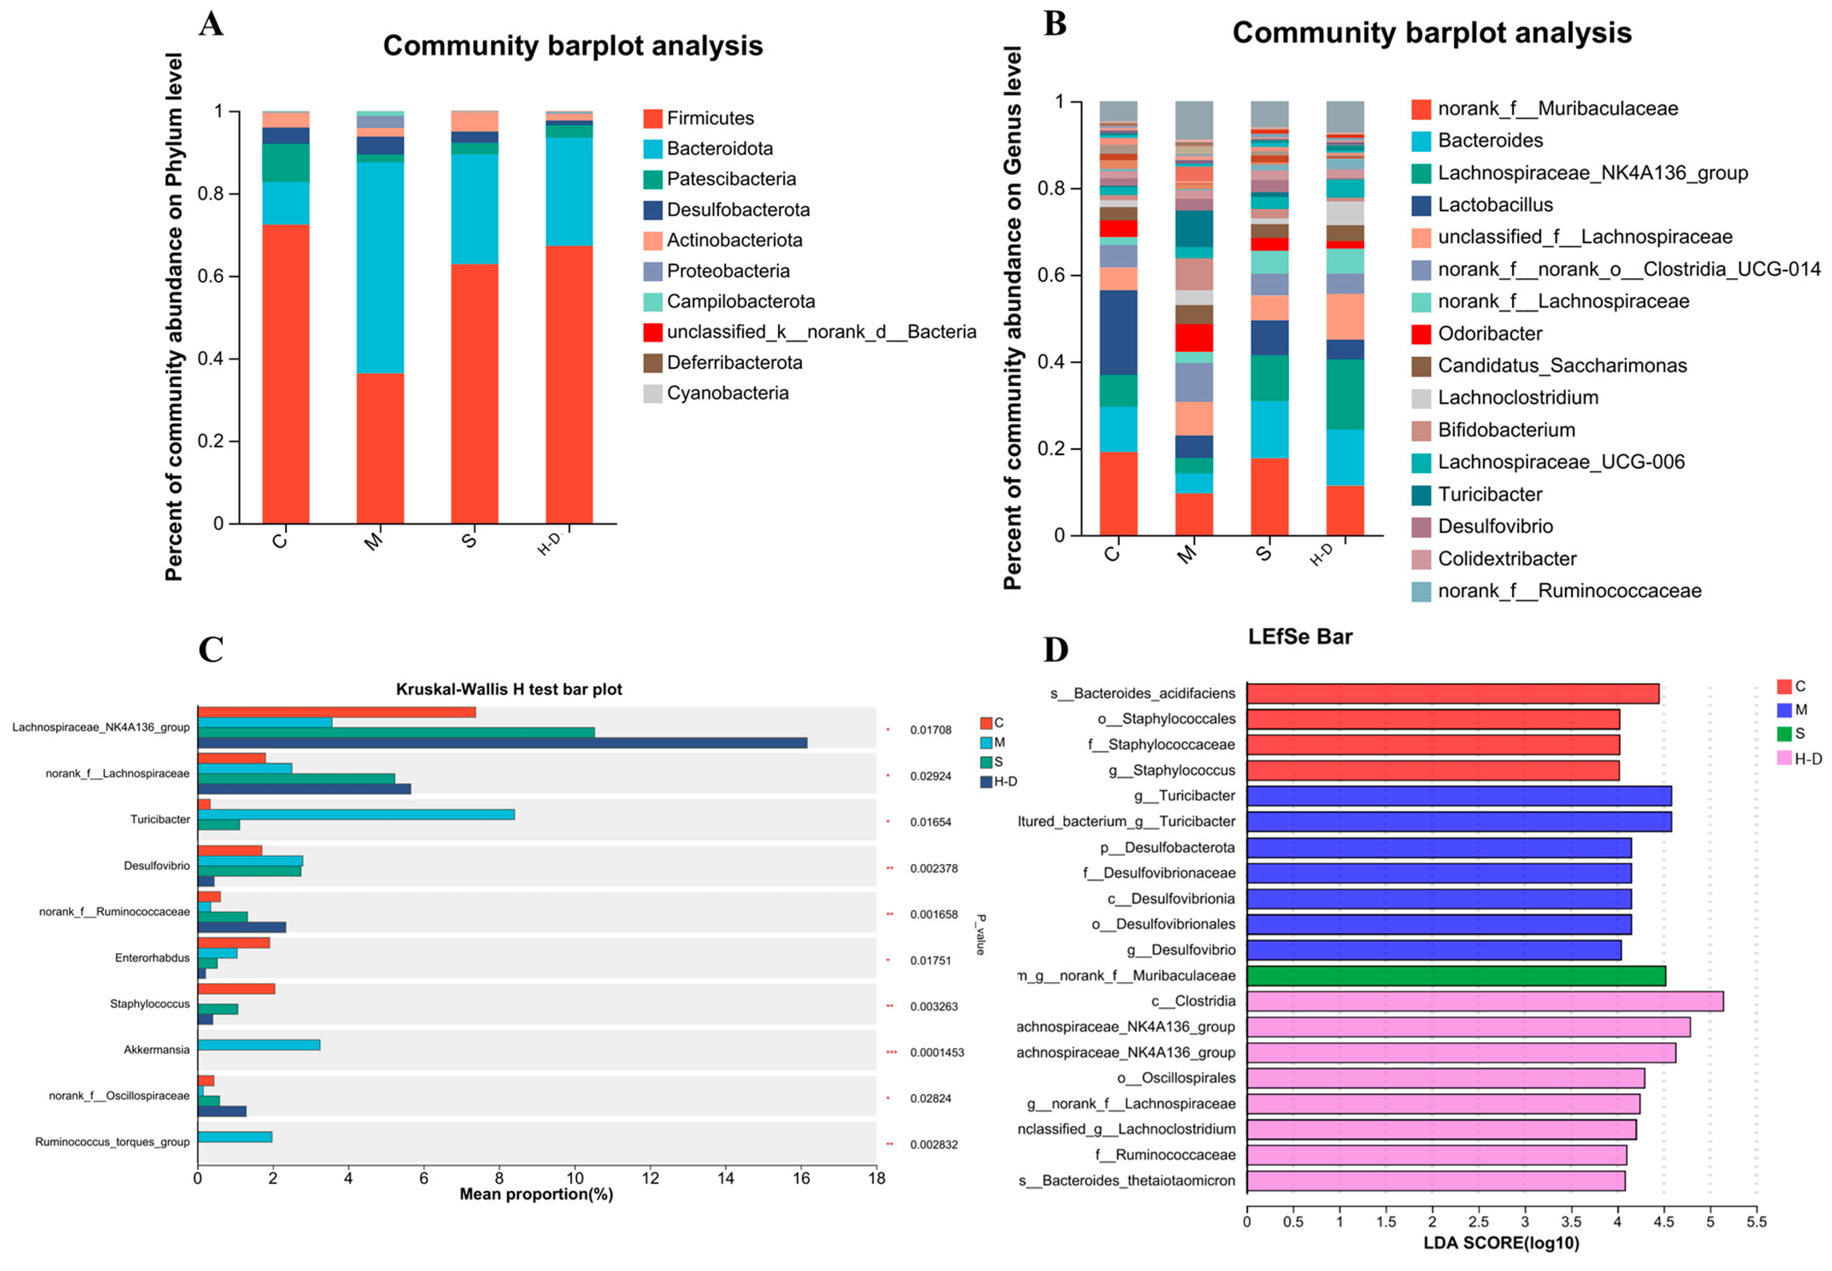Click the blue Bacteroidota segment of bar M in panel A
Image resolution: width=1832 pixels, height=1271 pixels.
380,268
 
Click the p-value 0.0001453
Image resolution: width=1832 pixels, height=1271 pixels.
937,1053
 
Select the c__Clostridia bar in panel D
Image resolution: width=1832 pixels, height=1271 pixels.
1484,1001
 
